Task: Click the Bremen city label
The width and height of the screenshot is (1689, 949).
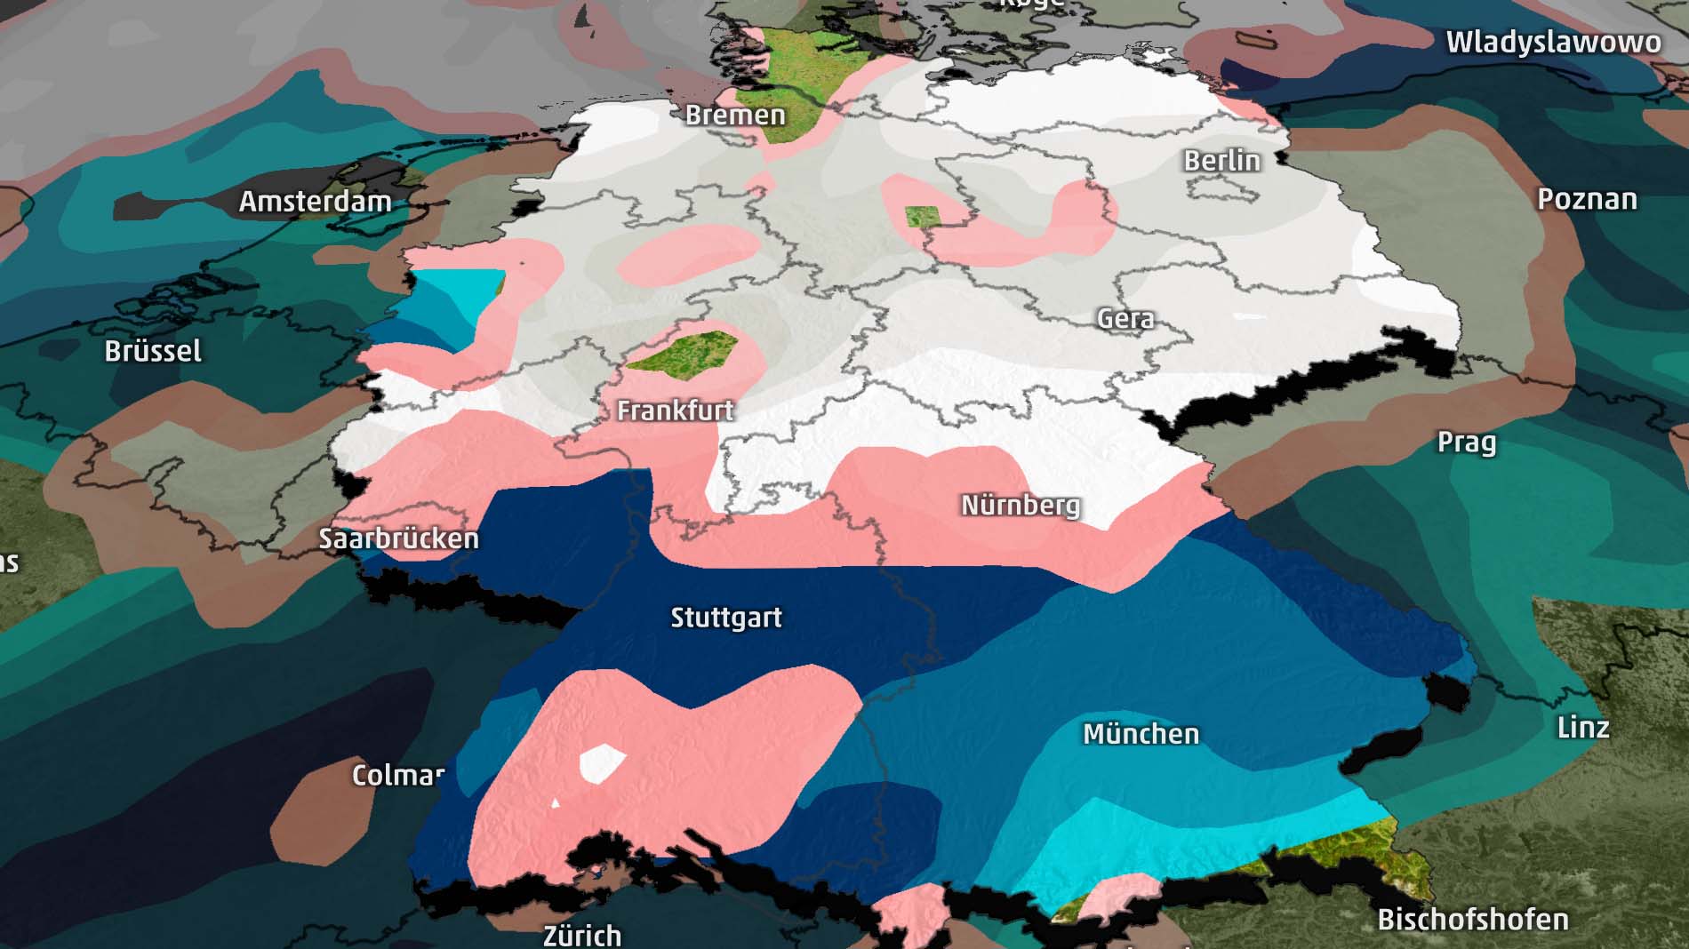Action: tap(735, 116)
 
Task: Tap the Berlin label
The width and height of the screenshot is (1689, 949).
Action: tap(1221, 161)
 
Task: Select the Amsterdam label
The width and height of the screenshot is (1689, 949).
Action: tap(315, 202)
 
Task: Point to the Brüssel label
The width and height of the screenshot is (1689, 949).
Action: tap(153, 351)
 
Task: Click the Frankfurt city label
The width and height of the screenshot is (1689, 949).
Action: tap(675, 411)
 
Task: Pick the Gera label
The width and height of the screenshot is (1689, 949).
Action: tap(1125, 319)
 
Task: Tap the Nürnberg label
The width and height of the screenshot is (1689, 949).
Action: tap(1021, 506)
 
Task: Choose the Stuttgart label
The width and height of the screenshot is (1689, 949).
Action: tap(725, 618)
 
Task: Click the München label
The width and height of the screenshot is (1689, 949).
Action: tap(1141, 734)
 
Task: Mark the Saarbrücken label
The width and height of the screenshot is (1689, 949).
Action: tap(398, 538)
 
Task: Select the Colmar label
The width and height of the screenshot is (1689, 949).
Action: tap(397, 775)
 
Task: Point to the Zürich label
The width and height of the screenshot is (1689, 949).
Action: tap(582, 935)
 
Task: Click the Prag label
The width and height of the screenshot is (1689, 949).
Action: tap(1466, 443)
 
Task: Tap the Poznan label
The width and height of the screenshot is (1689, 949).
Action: tap(1587, 199)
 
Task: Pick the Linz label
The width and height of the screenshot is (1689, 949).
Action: tap(1583, 728)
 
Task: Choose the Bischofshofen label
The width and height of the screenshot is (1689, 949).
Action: tap(1472, 920)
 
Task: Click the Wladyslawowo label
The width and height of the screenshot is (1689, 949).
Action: tap(1553, 43)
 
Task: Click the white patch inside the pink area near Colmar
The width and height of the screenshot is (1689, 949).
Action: tap(602, 762)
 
